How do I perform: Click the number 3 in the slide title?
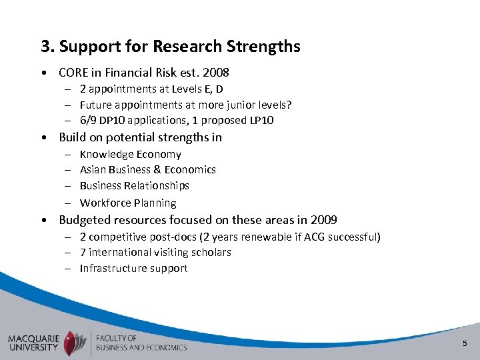tap(45, 47)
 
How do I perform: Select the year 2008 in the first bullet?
tap(216, 72)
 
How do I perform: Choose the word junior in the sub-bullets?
tap(247, 105)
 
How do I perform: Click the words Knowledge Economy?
tap(131, 154)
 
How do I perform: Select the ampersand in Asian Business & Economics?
tap(156, 170)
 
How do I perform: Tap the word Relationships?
tap(159, 186)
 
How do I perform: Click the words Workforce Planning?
tap(128, 203)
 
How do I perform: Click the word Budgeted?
tap(85, 220)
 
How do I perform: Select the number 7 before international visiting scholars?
tap(83, 253)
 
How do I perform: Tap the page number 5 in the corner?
tap(465, 343)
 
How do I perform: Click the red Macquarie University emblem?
tap(72, 342)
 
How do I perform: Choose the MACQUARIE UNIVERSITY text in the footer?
tap(33, 343)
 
